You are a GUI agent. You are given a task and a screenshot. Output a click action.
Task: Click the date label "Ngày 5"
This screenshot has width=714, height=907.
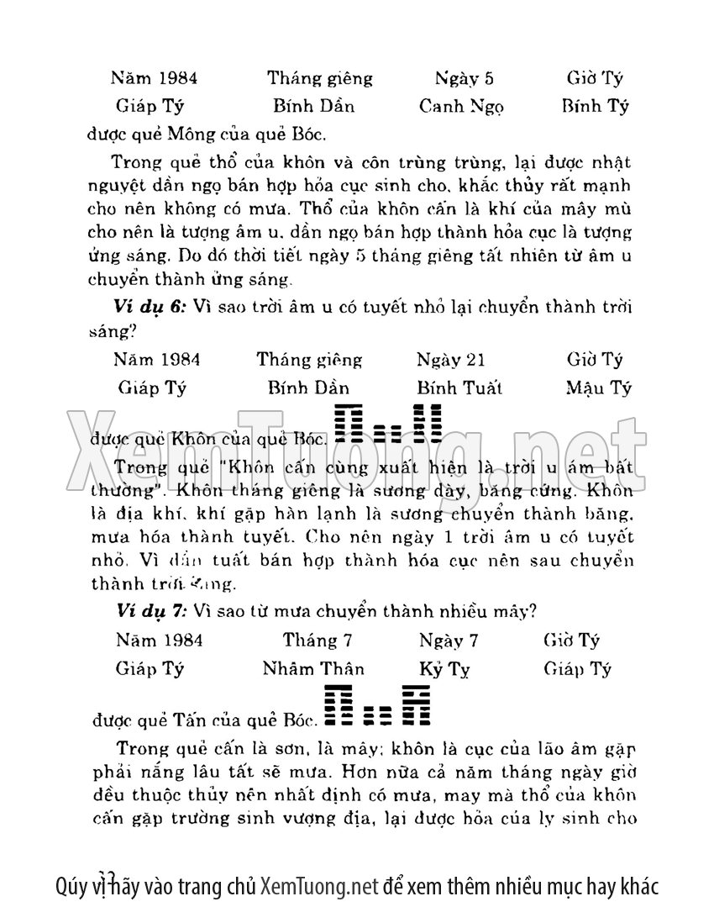(x=464, y=79)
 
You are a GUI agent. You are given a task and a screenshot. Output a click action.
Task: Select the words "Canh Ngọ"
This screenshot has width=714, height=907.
(x=461, y=107)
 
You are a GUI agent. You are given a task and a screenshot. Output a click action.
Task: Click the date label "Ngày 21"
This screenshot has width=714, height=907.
(x=450, y=360)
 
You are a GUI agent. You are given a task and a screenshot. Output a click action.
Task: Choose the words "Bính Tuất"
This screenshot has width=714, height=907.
(x=459, y=388)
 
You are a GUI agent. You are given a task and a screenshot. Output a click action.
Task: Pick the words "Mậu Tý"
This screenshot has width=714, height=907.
(x=598, y=388)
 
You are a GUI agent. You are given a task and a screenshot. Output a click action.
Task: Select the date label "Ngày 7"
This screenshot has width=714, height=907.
(x=449, y=641)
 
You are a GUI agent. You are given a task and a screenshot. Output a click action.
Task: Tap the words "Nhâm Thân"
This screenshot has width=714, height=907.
(x=313, y=669)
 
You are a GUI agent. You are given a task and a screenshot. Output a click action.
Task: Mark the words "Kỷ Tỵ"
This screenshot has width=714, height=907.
(x=444, y=669)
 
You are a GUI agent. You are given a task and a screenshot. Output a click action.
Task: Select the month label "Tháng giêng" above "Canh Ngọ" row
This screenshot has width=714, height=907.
(x=320, y=79)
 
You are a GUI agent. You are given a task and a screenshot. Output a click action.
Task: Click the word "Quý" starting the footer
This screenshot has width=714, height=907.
(x=72, y=885)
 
